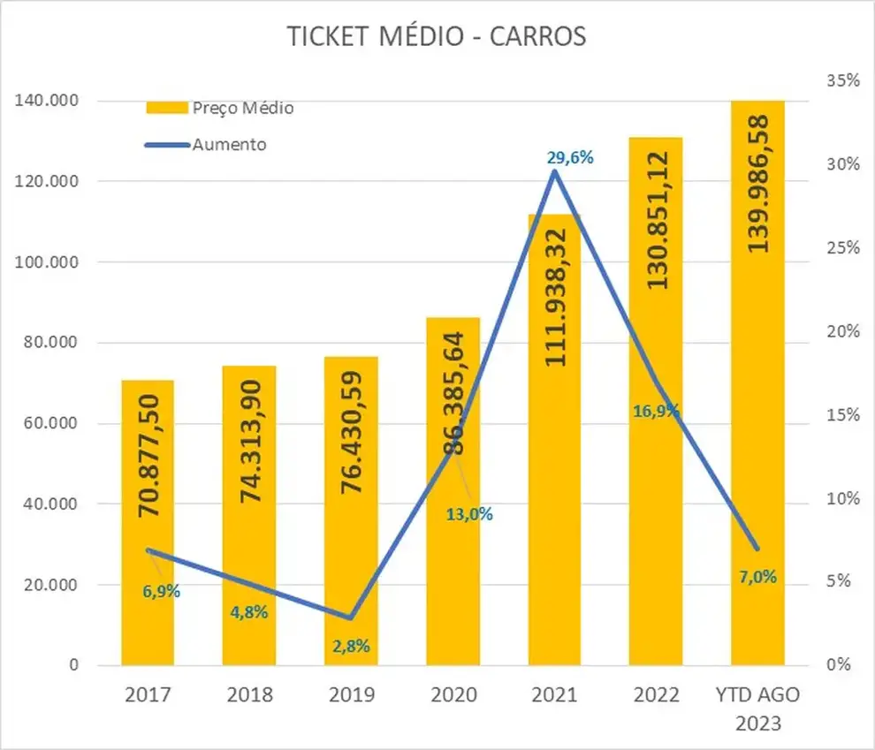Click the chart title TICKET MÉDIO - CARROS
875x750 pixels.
437,36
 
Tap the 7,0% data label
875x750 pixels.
757,577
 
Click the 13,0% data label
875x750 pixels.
470,514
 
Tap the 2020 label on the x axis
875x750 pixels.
453,695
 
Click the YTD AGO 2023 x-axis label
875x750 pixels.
757,708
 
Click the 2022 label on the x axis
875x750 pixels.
656,695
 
